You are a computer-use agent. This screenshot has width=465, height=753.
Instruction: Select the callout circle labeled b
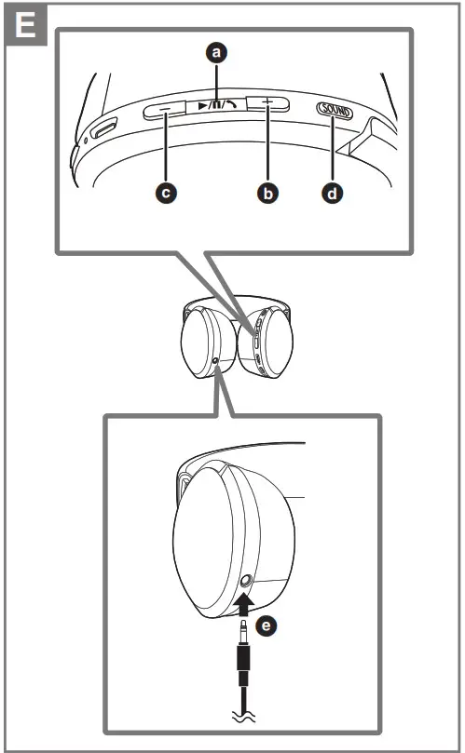pos(268,193)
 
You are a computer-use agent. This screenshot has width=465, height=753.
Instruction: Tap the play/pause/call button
pos(217,107)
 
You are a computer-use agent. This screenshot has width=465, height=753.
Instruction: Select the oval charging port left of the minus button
pos(103,126)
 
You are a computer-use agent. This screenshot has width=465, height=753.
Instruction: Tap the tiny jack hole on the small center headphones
pos(216,360)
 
